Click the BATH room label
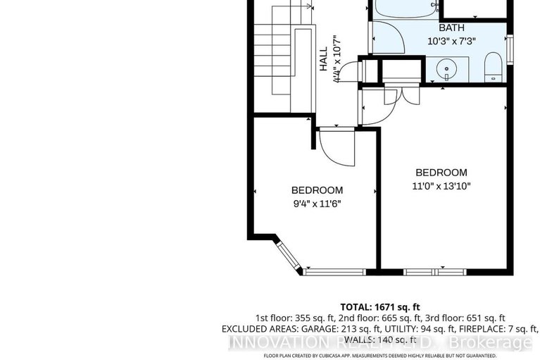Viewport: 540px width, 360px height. (452, 28)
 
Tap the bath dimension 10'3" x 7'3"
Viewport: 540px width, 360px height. (452, 41)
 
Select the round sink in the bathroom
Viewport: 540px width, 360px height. (445, 69)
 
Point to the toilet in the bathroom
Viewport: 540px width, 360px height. (494, 69)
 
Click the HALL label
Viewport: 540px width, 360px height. (323, 59)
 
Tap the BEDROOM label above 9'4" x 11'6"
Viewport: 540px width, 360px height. (318, 190)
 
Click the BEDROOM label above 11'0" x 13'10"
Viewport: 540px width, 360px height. (441, 173)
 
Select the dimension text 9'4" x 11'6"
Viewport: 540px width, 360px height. (318, 204)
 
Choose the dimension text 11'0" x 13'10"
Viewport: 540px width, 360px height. (441, 187)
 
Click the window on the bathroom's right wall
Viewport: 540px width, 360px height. (510, 49)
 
